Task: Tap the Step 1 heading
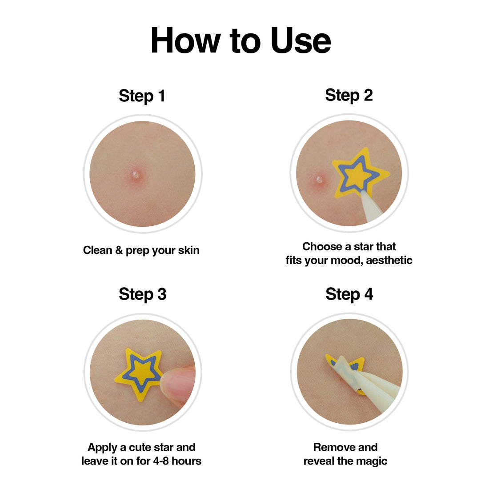click(142, 96)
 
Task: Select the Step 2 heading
click(349, 95)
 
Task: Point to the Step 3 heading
click(142, 294)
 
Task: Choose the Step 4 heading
click(349, 294)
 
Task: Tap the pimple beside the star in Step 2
click(319, 180)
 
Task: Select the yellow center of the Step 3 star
click(142, 373)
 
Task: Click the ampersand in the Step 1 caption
click(119, 250)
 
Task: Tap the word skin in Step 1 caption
click(188, 250)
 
